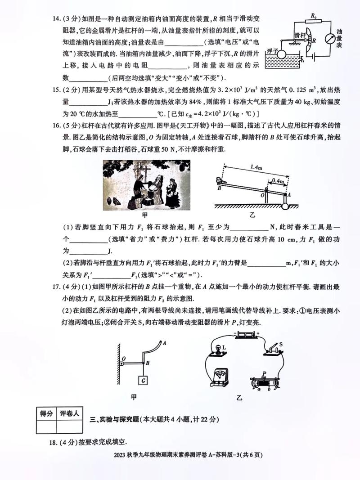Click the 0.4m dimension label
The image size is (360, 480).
(278, 181)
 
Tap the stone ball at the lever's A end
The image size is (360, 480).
(285, 206)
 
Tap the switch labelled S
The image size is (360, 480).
(272, 349)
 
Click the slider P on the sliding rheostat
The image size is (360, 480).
(265, 374)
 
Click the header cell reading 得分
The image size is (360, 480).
(47, 413)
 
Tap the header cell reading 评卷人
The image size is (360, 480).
(69, 413)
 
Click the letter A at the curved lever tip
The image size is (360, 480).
(165, 343)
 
